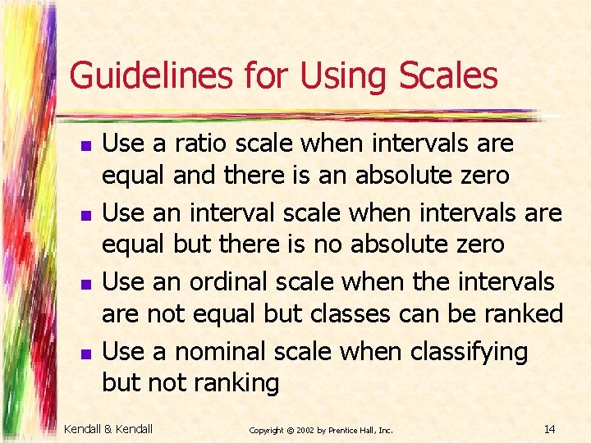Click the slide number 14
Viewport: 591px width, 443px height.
click(549, 428)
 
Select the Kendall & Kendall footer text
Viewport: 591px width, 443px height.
click(108, 428)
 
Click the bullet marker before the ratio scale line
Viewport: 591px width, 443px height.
click(85, 146)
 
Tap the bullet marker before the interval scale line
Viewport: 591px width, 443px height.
click(85, 216)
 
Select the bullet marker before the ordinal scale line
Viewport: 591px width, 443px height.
click(85, 285)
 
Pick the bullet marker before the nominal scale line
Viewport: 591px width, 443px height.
click(85, 354)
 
